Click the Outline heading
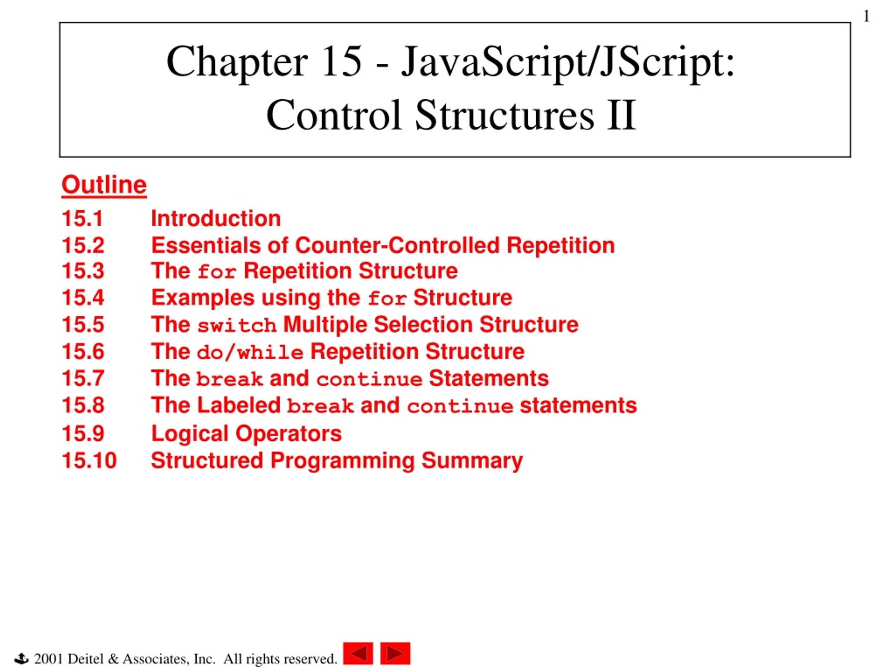104,185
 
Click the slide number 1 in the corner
866,16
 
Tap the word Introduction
216,219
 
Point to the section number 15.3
83,271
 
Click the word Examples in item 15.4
203,298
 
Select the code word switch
237,325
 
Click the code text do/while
250,352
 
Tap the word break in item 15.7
229,379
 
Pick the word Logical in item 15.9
190,434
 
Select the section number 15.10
89,461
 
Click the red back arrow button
358,653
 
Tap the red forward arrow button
395,653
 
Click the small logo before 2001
21,659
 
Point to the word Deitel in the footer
86,659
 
